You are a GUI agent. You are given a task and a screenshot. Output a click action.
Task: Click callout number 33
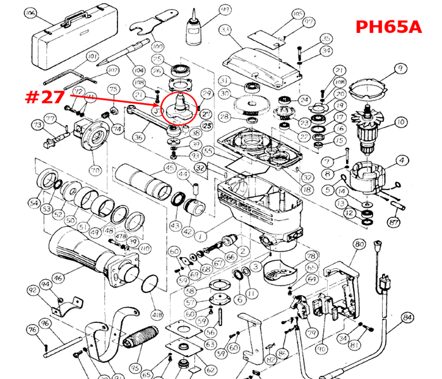point(225,30)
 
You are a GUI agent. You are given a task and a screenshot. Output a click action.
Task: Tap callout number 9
point(399,69)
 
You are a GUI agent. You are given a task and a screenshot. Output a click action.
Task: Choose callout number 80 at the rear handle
point(359,244)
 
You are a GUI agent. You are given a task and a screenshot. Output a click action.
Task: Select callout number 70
point(95,170)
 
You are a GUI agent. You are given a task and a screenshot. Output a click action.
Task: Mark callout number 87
point(395,222)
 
